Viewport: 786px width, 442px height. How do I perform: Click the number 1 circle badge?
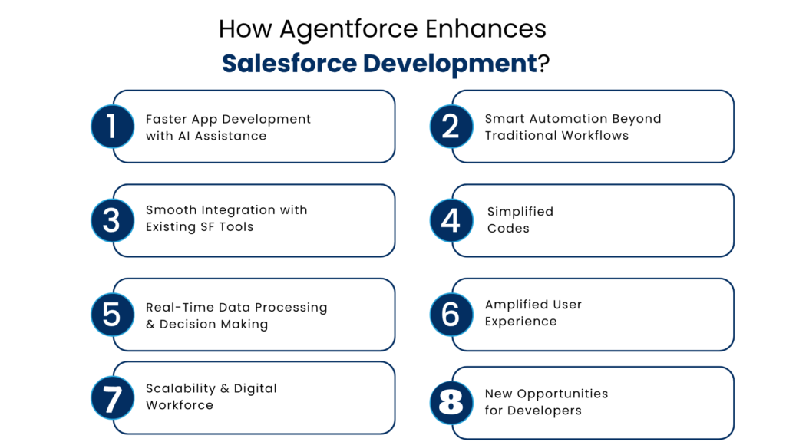112,127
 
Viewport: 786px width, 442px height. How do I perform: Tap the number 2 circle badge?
451,127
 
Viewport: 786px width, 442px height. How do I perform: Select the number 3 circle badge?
112,220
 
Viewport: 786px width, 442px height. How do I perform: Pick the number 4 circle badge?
451,220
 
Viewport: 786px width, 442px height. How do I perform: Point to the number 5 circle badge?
112,315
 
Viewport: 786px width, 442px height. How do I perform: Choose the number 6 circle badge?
451,315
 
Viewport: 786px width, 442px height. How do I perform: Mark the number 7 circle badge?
112,397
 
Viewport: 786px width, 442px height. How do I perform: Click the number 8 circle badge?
451,402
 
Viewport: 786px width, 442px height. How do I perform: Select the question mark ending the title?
543,64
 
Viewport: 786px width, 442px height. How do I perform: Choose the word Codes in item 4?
508,228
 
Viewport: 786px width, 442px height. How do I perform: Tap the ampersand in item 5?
150,324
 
